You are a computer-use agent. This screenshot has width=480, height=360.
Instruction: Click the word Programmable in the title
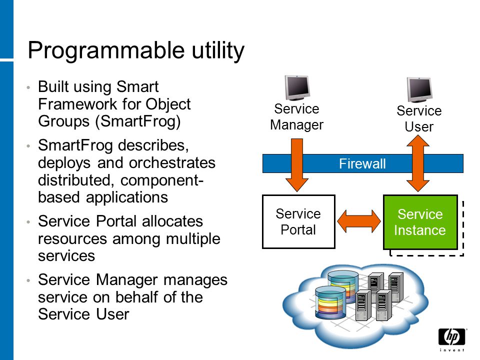tap(106, 51)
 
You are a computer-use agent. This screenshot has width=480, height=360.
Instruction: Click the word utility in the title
tap(218, 51)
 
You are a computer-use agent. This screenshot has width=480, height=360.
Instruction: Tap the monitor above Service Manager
tap(297, 88)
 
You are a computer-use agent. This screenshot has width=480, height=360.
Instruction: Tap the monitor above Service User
tap(419, 89)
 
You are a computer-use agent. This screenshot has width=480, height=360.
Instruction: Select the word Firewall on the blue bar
tap(362, 164)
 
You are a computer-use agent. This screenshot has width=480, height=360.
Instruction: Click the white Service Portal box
tap(299, 221)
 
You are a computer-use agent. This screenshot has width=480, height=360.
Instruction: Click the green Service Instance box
tap(420, 222)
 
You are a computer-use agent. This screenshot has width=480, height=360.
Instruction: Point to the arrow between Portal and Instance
tap(359, 221)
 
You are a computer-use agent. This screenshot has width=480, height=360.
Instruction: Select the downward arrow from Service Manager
tap(296, 165)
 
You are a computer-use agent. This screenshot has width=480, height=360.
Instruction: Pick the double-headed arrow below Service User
tap(418, 163)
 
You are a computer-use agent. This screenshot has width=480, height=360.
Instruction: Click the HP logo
tap(452, 337)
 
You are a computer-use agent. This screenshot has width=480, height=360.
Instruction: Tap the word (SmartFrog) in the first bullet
tap(138, 121)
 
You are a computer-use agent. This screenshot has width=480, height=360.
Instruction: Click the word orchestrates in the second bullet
tap(172, 163)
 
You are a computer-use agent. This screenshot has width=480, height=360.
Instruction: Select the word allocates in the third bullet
tap(172, 221)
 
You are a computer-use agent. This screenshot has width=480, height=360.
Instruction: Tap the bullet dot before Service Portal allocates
tap(28, 221)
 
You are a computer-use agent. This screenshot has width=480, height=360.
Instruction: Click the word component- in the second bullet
tap(162, 180)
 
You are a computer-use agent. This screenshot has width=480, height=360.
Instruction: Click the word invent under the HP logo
tap(452, 350)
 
